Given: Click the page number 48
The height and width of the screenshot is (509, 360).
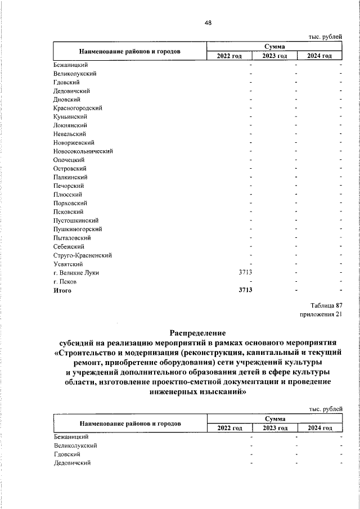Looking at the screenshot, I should [x=208, y=22].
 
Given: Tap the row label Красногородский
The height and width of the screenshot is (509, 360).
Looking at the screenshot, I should [x=78, y=108].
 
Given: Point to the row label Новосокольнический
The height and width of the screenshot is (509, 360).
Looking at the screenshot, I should [x=83, y=151].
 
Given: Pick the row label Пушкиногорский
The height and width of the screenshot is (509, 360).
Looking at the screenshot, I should [x=78, y=229].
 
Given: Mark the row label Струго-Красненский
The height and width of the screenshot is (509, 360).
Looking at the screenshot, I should [x=82, y=255].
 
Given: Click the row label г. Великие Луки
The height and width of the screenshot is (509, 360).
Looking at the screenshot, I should [x=76, y=273].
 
